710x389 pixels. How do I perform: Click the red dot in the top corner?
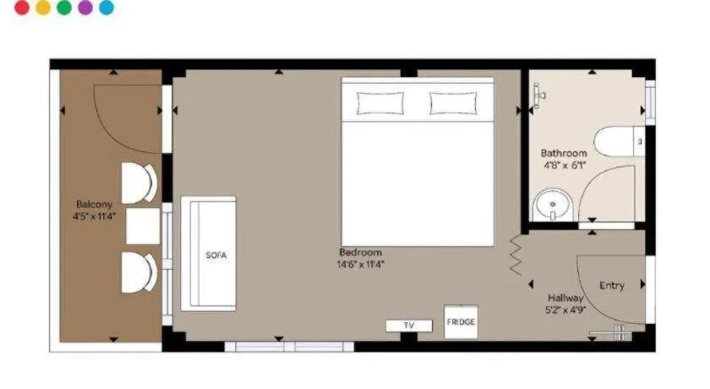point(22,8)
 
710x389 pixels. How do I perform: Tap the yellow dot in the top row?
point(43,8)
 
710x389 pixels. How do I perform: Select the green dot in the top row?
point(64,8)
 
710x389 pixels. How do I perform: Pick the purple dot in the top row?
point(85,8)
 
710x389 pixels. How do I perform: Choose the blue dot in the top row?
point(106,8)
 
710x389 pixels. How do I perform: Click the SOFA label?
point(216,255)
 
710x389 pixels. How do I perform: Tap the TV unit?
point(409,325)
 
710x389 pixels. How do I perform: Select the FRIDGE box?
point(461,322)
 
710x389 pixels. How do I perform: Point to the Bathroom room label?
point(564,153)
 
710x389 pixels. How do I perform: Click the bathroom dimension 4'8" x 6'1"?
point(565,165)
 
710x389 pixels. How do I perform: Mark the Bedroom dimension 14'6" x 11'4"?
point(360,264)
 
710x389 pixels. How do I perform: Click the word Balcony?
point(94,205)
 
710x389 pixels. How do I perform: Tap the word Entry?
point(612,285)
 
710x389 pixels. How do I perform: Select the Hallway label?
point(565,298)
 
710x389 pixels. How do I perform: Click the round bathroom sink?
point(553,205)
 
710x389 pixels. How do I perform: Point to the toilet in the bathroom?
point(619,142)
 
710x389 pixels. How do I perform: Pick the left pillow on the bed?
point(380,103)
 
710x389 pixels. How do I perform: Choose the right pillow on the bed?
point(453,103)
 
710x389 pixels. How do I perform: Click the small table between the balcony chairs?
point(143,226)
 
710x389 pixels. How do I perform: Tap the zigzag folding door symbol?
point(516,255)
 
